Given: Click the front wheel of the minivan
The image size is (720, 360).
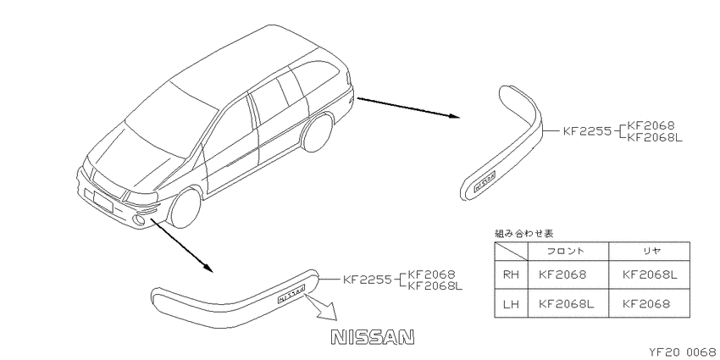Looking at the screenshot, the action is pyautogui.click(x=185, y=208).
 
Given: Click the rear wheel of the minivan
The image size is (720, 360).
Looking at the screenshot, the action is pyautogui.click(x=318, y=133).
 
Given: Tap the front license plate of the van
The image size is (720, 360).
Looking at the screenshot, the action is pyautogui.click(x=102, y=202).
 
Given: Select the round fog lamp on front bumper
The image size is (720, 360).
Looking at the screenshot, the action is pyautogui.click(x=138, y=220).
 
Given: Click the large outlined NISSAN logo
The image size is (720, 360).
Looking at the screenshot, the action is pyautogui.click(x=373, y=337).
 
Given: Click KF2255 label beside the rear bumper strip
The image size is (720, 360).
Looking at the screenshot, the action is pyautogui.click(x=587, y=131).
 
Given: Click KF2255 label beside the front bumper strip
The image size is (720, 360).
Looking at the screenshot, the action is pyautogui.click(x=368, y=280).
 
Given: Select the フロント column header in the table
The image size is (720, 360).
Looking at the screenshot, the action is pyautogui.click(x=566, y=252).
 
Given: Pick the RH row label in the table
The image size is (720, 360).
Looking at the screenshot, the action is pyautogui.click(x=511, y=274).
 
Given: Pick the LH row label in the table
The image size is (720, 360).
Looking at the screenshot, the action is pyautogui.click(x=511, y=303).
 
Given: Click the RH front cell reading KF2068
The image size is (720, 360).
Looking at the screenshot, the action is pyautogui.click(x=562, y=274).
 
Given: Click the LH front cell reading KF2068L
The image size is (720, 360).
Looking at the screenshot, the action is pyautogui.click(x=566, y=303).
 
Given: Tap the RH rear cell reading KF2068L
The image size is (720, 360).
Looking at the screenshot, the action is pyautogui.click(x=650, y=274).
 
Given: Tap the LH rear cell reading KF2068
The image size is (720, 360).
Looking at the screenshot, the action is pyautogui.click(x=646, y=303).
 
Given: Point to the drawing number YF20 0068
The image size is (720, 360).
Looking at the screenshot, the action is pyautogui.click(x=683, y=352).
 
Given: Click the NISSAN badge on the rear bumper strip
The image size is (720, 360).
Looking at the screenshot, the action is pyautogui.click(x=484, y=181).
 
